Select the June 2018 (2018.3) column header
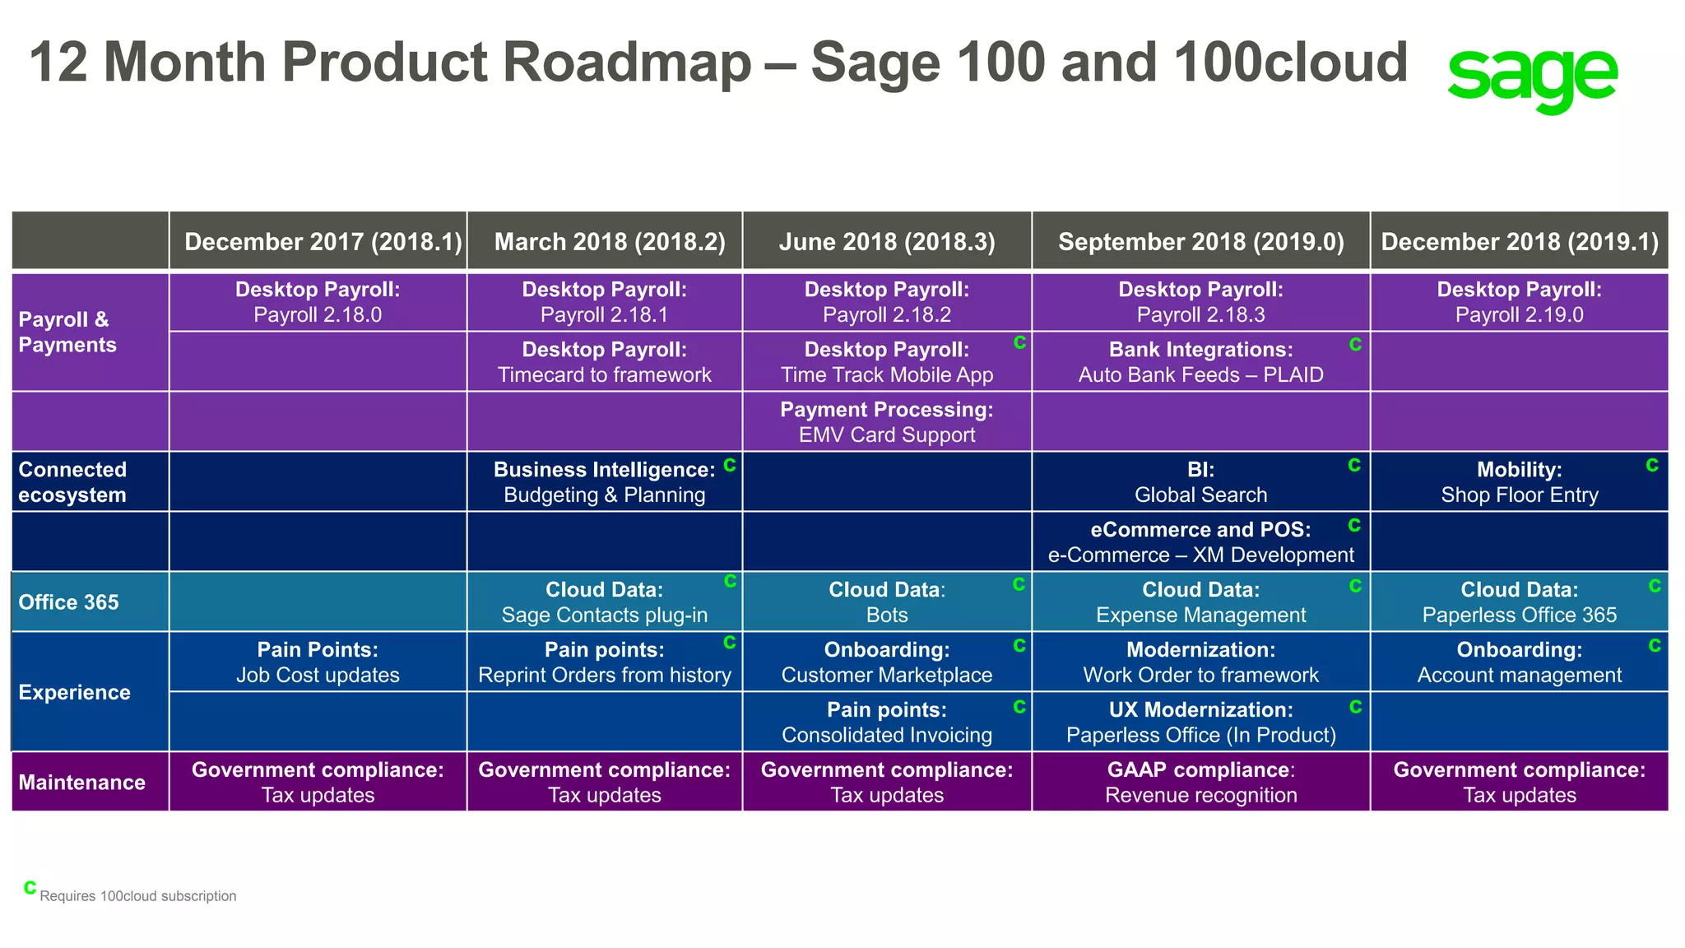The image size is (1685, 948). click(x=887, y=241)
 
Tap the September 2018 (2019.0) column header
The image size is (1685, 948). click(x=1200, y=241)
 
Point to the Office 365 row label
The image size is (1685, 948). click(x=69, y=602)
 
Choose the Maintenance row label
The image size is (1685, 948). click(x=82, y=782)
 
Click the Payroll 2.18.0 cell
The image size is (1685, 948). click(x=318, y=302)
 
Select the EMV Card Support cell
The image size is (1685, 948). click(x=887, y=422)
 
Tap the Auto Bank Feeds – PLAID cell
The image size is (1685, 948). click(x=1200, y=362)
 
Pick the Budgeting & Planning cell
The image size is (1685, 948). click(x=604, y=482)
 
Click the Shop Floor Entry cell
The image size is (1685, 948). click(x=1519, y=482)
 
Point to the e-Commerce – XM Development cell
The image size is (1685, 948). click(x=1200, y=542)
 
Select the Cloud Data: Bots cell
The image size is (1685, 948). click(x=887, y=602)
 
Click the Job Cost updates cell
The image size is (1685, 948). click(x=318, y=662)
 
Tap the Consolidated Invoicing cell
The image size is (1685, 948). click(x=887, y=723)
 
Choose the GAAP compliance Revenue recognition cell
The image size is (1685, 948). click(x=1200, y=783)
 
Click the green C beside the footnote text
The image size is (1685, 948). click(x=30, y=887)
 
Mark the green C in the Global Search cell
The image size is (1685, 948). click(x=1353, y=466)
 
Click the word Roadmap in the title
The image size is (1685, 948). click(x=626, y=63)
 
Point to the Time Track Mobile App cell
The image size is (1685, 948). click(x=887, y=362)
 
